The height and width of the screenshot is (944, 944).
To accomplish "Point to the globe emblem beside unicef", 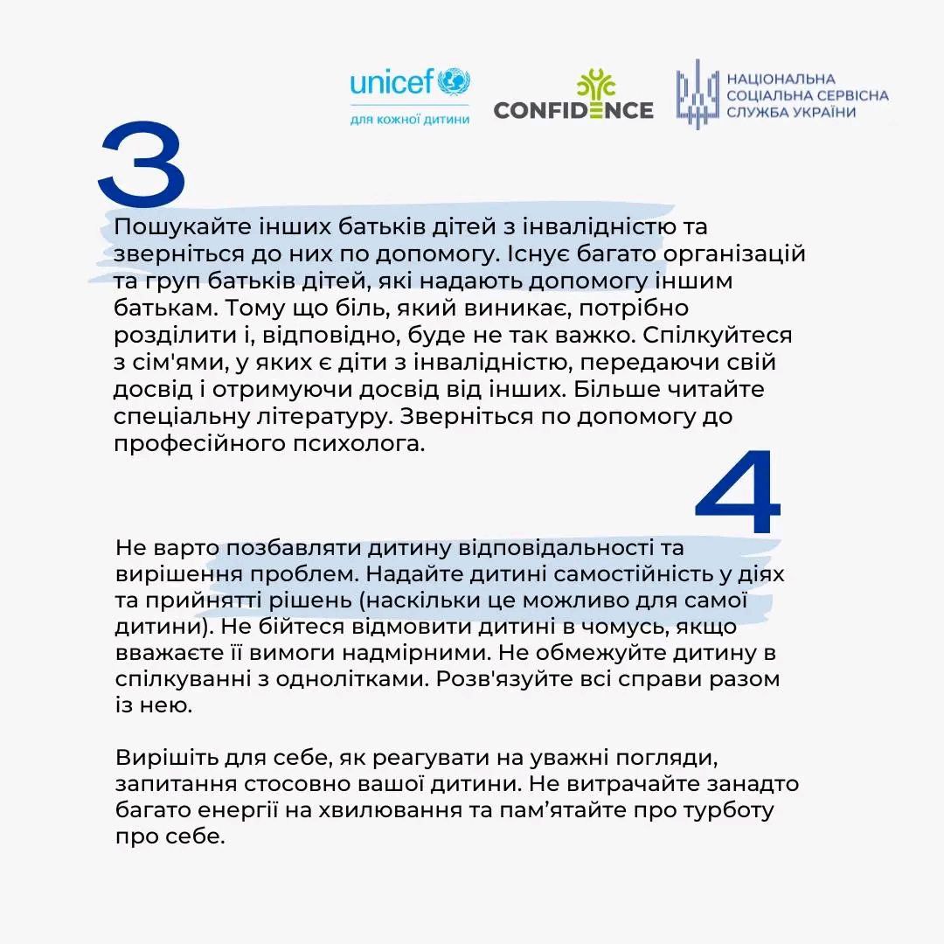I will pyautogui.click(x=454, y=82).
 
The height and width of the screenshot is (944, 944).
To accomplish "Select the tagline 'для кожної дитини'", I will pyautogui.click(x=409, y=119).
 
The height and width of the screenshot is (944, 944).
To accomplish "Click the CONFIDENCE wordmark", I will pyautogui.click(x=573, y=110).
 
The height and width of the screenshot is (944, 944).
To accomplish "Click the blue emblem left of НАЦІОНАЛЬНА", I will pyautogui.click(x=697, y=94).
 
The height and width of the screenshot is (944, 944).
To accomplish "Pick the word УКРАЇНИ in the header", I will pyautogui.click(x=822, y=112).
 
